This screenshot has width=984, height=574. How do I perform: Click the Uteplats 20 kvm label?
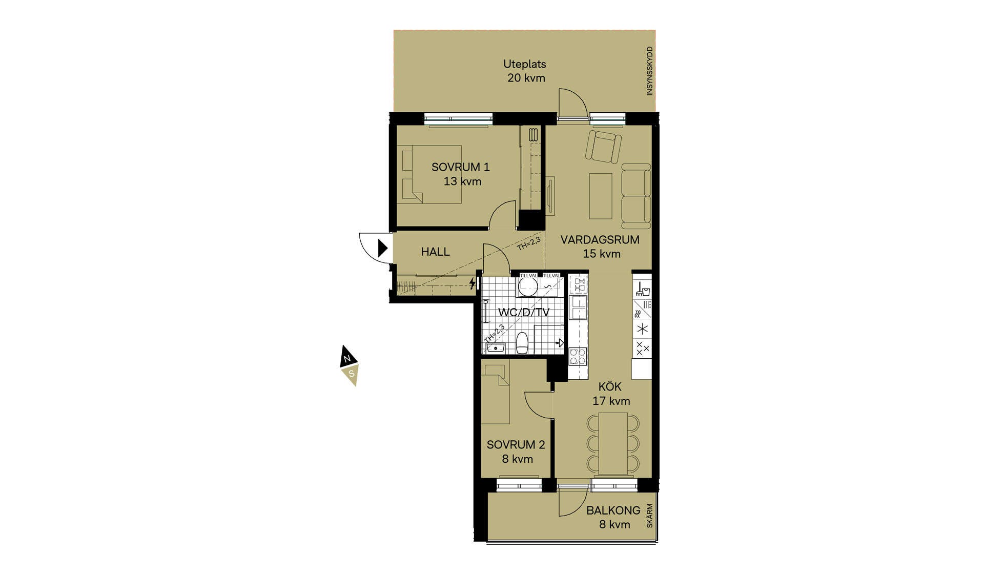click(x=525, y=71)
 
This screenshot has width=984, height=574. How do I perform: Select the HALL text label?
click(x=435, y=252)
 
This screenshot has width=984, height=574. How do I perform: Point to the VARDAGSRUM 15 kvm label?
click(x=600, y=247)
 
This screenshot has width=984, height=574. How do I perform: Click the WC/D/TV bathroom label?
click(x=524, y=312)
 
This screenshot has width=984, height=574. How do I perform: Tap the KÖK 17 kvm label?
click(x=611, y=394)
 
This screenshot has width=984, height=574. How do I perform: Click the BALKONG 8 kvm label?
click(x=613, y=517)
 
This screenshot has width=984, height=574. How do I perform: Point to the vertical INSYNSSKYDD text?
click(x=650, y=71)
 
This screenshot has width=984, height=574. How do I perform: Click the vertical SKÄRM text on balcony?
click(x=650, y=516)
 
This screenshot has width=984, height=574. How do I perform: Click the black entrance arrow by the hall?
click(x=383, y=248)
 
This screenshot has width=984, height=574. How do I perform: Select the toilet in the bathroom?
click(x=522, y=343)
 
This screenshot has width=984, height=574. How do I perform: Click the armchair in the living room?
click(x=604, y=147)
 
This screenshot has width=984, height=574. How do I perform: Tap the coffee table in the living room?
click(x=601, y=196)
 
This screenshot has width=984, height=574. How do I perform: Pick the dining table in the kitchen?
click(x=613, y=443)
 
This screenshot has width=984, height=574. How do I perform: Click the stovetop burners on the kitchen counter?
click(x=578, y=356)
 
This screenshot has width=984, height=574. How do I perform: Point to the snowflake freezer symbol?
click(x=642, y=329)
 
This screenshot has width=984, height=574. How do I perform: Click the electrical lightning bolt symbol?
click(x=472, y=283)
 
